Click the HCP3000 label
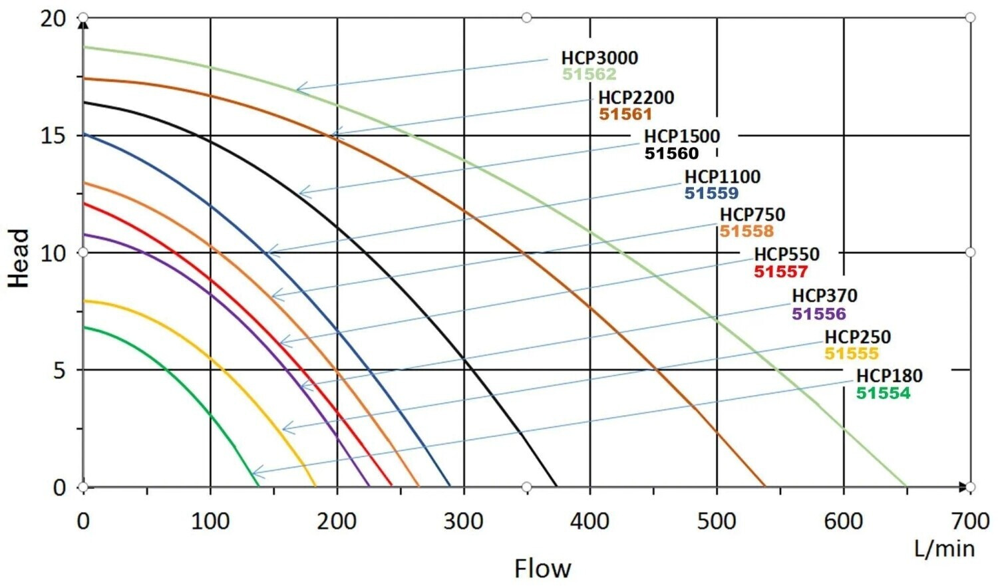tap(599, 58)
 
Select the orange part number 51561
tap(625, 114)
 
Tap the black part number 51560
tap(671, 154)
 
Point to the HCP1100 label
tap(722, 177)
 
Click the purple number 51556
tap(818, 314)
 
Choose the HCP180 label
tap(890, 376)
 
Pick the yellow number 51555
tap(852, 354)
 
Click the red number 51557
tap(780, 271)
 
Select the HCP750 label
tap(752, 215)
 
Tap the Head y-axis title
tap(19, 258)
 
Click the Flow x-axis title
tap(543, 569)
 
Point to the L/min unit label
tap(945, 549)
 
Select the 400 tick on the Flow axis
tap(590, 521)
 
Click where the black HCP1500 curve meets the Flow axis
tap(556, 487)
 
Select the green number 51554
tap(883, 393)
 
